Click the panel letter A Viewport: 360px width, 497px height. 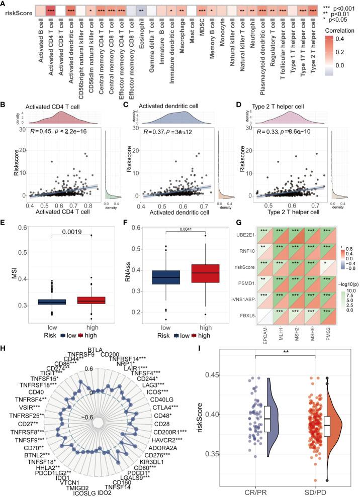[4, 5]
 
